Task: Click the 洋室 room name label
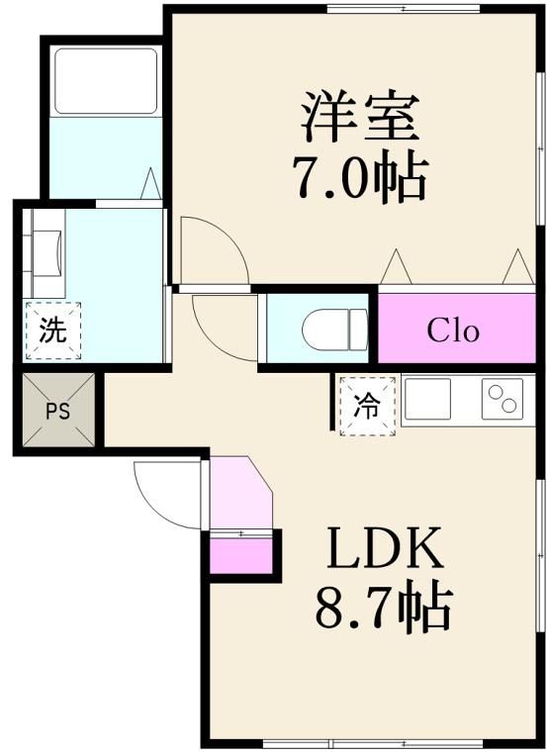coord(360,117)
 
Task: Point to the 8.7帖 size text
coord(383,608)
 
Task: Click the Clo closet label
coord(453,330)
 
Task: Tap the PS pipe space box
coord(56,411)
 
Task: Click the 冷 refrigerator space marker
coord(367,406)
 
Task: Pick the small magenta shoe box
coord(241,555)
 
